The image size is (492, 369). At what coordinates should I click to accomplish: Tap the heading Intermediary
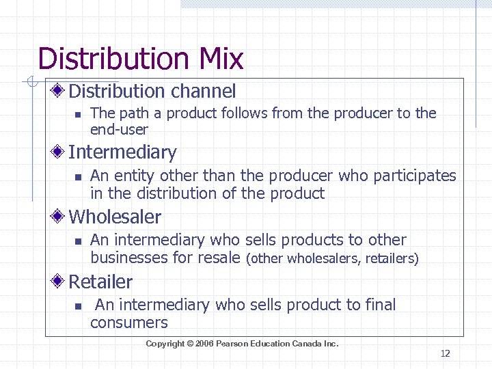122,152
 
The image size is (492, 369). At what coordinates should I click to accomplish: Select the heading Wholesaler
115,217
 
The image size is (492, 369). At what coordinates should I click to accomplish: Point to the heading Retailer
100,282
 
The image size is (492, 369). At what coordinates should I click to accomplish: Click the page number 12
445,353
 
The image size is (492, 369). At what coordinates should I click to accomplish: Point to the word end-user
119,129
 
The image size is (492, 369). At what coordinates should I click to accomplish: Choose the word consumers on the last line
129,323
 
